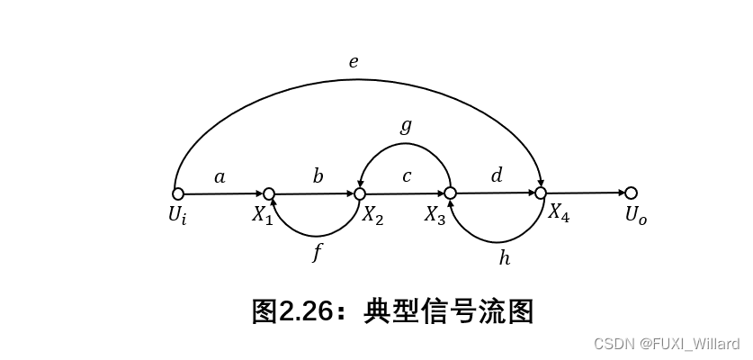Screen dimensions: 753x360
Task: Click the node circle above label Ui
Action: [x=178, y=193]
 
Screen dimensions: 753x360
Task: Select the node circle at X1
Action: [x=268, y=193]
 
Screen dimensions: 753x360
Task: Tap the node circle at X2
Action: [x=360, y=193]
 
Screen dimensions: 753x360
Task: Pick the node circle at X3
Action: [x=450, y=193]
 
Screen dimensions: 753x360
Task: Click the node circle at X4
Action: [x=541, y=193]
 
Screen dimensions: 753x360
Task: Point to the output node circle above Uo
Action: [x=631, y=193]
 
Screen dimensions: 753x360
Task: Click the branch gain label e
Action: [x=354, y=62]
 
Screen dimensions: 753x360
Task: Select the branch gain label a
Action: [x=220, y=177]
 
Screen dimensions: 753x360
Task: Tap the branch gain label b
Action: [x=318, y=175]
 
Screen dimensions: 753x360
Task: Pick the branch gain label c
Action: [x=407, y=176]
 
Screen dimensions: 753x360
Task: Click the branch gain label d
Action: [x=497, y=175]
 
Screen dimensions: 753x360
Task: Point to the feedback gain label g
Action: [x=406, y=126]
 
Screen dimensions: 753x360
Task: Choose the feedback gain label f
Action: [x=317, y=253]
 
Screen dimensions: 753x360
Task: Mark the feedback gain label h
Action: [x=504, y=258]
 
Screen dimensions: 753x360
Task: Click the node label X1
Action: [x=262, y=216]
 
